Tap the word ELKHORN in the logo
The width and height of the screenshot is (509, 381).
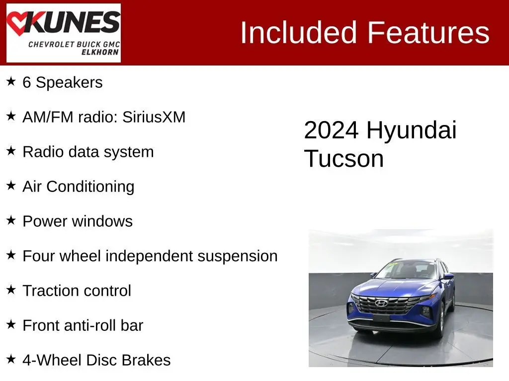100,52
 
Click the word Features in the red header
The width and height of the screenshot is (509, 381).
428,32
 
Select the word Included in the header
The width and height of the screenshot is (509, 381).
298,32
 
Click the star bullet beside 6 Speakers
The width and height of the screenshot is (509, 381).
11,81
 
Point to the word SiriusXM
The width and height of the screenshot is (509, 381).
154,117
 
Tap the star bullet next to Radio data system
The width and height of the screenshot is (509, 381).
11,151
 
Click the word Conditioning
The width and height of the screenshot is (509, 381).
90,187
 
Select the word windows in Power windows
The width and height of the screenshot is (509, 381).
102,221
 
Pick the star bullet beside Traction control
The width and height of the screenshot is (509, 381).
11,289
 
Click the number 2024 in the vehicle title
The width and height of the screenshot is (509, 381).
332,130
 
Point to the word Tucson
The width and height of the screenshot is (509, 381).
344,159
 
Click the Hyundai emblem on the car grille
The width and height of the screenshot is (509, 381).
381,303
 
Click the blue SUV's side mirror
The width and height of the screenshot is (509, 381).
449,276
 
